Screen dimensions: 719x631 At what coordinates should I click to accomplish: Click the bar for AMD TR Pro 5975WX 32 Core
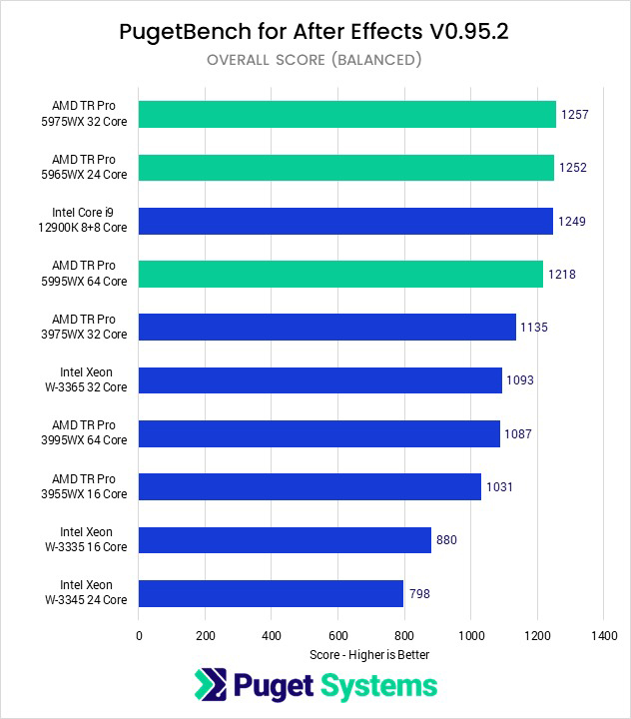pyautogui.click(x=346, y=115)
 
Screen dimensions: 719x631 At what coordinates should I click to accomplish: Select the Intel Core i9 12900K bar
pyautogui.click(x=345, y=221)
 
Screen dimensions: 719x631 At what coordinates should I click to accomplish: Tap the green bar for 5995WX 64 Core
pyautogui.click(x=340, y=274)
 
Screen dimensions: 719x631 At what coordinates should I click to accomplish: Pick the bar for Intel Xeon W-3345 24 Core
pyautogui.click(x=271, y=594)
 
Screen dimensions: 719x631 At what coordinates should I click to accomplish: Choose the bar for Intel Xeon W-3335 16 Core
pyautogui.click(x=285, y=540)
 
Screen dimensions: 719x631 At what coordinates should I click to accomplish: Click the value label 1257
pyautogui.click(x=575, y=115)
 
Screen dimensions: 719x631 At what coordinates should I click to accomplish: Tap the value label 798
pyautogui.click(x=420, y=594)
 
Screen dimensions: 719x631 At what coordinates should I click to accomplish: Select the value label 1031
pyautogui.click(x=499, y=487)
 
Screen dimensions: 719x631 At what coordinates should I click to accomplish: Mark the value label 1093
pyautogui.click(x=520, y=380)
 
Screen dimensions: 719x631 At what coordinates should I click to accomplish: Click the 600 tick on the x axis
pyautogui.click(x=337, y=635)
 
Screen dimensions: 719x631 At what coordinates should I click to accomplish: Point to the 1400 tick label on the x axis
pyautogui.click(x=603, y=635)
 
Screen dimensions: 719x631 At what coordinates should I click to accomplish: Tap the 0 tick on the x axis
pyautogui.click(x=139, y=635)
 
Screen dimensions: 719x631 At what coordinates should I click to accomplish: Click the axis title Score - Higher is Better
pyautogui.click(x=369, y=655)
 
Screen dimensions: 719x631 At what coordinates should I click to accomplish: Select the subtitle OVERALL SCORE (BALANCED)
pyautogui.click(x=314, y=60)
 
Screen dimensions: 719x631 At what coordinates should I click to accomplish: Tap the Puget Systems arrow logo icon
pyautogui.click(x=211, y=686)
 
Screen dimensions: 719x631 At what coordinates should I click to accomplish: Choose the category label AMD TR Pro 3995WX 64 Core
pyautogui.click(x=90, y=433)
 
